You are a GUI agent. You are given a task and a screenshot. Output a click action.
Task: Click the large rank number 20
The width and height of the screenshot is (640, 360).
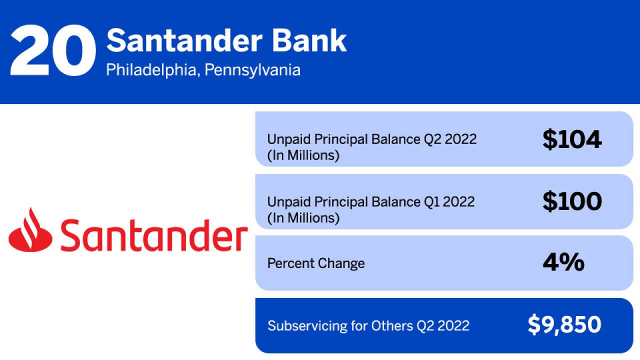(x=52, y=51)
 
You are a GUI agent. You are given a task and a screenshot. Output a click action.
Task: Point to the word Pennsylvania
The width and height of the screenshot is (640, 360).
(x=252, y=70)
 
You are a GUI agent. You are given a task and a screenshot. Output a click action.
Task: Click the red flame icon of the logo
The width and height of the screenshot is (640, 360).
(x=30, y=230)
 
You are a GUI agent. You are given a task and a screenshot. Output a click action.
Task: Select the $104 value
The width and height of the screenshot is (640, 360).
(x=572, y=139)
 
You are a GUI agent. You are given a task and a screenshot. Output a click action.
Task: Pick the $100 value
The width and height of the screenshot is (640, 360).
(x=572, y=201)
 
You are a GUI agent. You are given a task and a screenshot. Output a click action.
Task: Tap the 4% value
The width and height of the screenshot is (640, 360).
(x=563, y=262)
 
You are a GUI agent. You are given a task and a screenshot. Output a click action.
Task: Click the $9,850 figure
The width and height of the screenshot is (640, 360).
(x=564, y=325)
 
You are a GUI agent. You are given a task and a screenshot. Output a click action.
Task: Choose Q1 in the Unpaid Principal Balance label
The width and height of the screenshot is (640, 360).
(x=437, y=201)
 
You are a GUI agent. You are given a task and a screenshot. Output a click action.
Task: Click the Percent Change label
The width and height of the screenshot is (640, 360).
(x=316, y=263)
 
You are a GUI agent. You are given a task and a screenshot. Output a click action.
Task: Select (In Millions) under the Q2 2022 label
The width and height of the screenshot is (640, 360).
(x=303, y=155)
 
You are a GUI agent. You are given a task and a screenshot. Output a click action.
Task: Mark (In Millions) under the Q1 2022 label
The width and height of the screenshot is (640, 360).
(x=303, y=218)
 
